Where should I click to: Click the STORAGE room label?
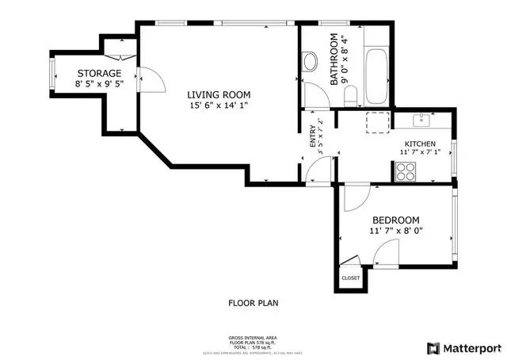point(99,73)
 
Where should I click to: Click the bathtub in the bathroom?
point(375,76)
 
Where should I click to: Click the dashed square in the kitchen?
point(375,121)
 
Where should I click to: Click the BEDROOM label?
point(396,220)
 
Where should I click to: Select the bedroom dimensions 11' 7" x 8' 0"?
point(396,232)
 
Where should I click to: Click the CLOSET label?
point(350,278)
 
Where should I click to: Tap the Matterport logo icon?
point(433,347)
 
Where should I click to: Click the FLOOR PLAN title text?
point(253,303)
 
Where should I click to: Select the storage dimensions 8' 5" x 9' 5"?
point(99,84)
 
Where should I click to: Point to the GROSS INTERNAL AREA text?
point(253,337)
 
